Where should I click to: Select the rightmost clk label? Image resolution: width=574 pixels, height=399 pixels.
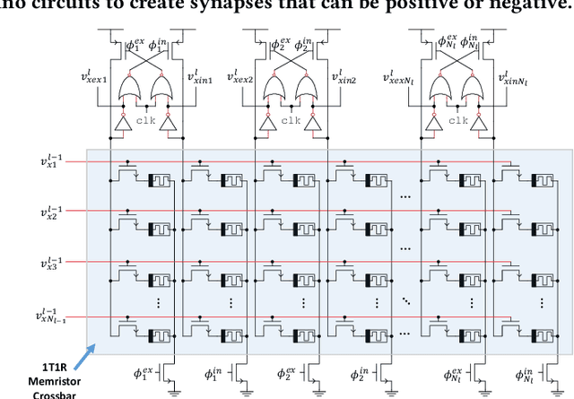[457, 119]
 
